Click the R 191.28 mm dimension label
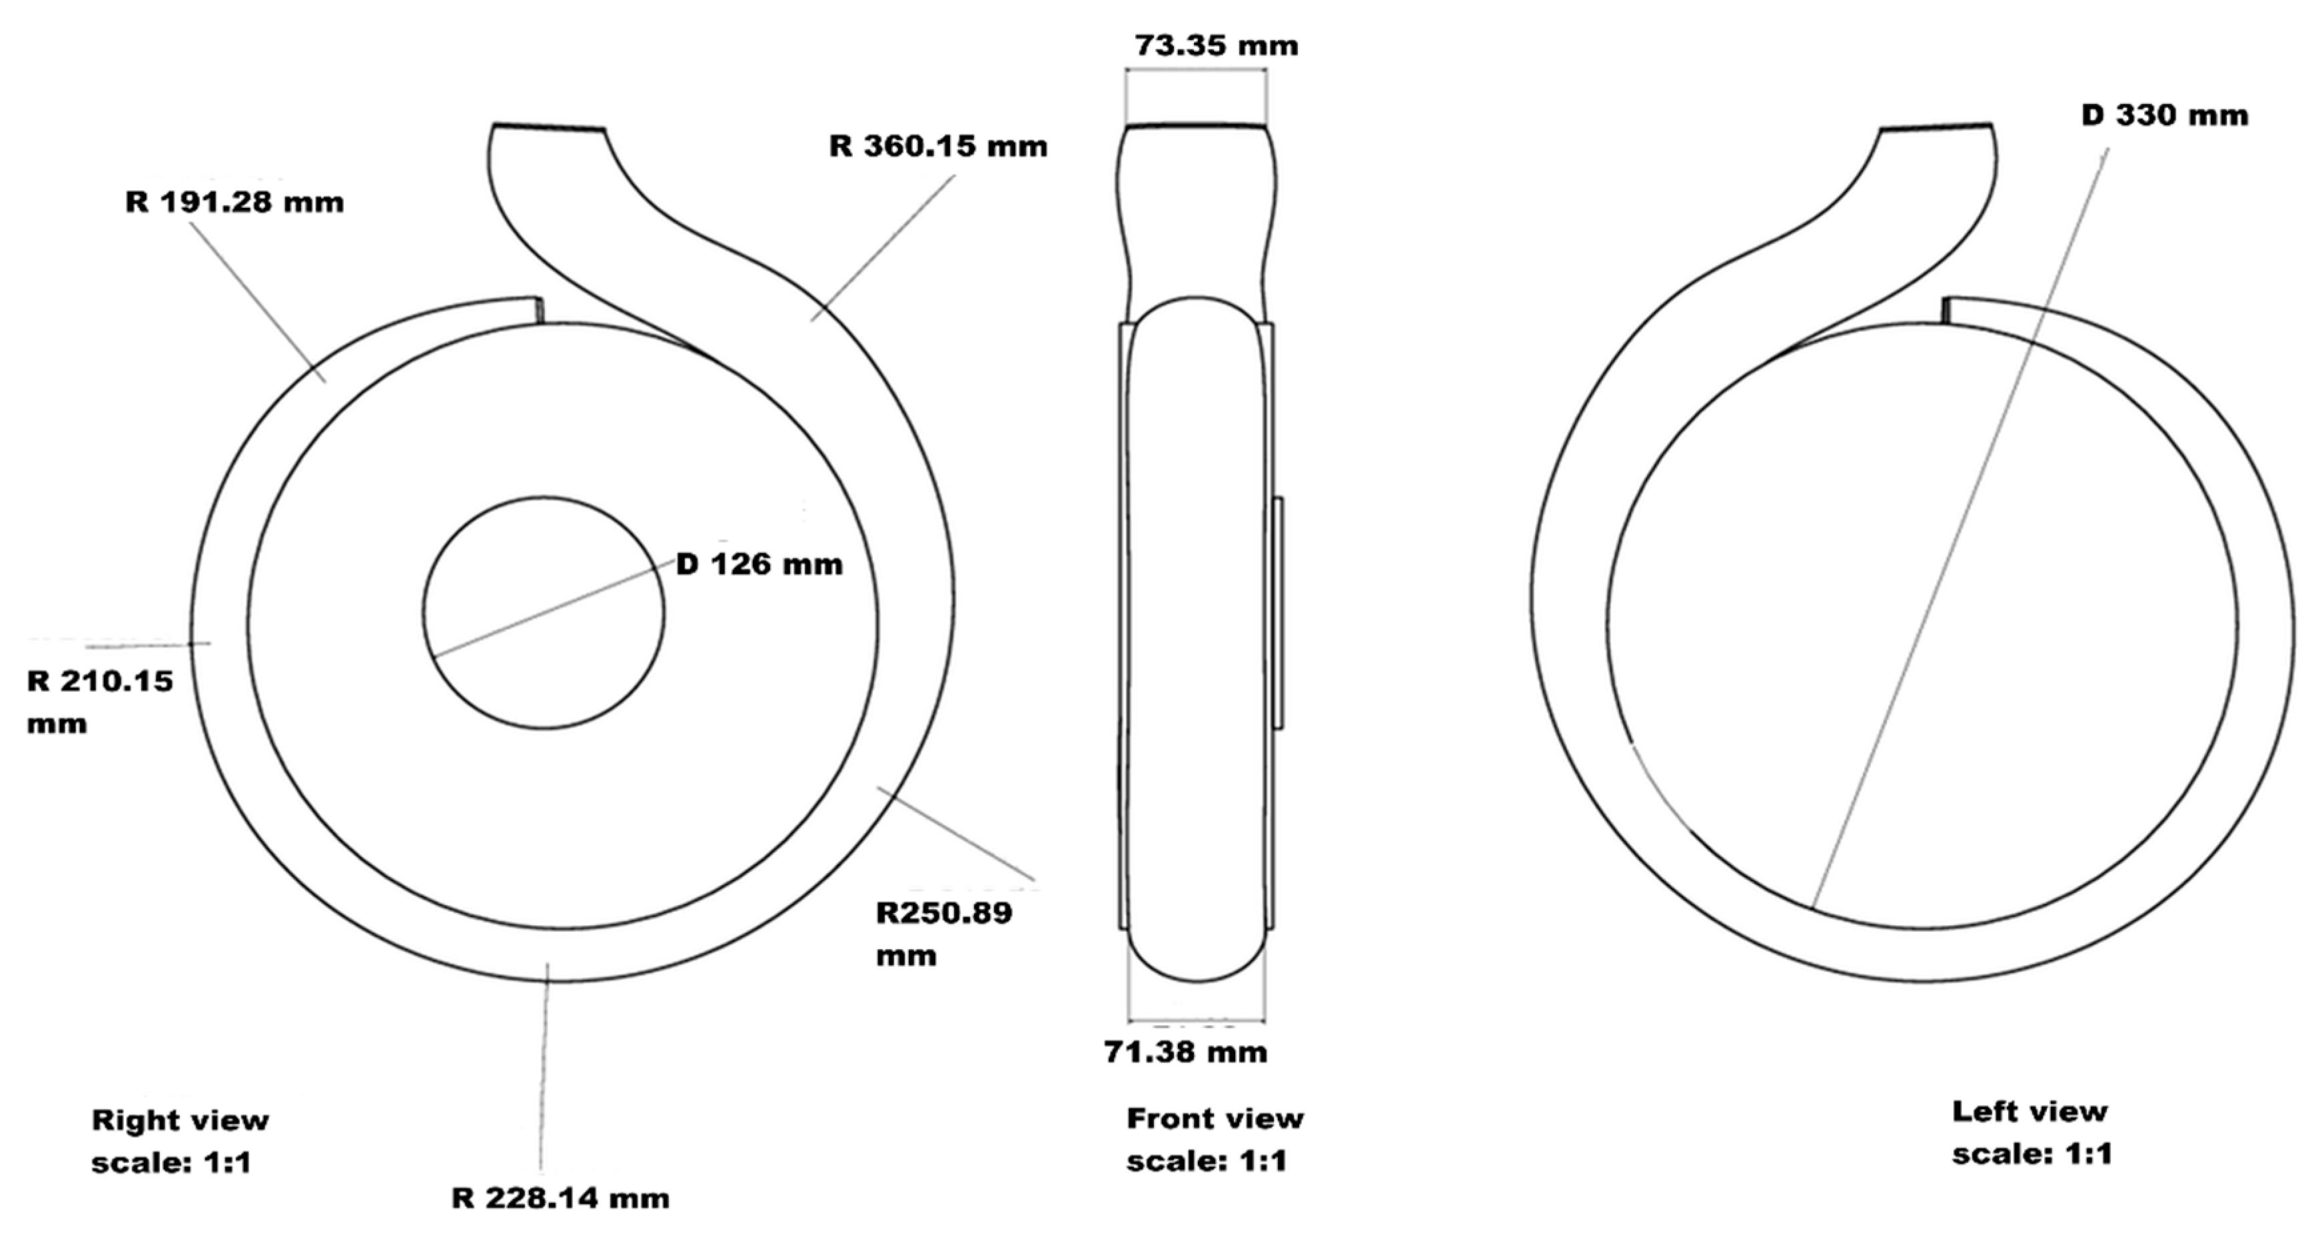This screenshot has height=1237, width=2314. point(235,202)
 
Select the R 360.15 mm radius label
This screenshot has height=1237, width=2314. point(938,147)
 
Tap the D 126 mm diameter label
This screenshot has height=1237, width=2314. point(759,564)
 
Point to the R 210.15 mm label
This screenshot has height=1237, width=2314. point(100,702)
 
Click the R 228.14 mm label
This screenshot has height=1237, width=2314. point(560,1198)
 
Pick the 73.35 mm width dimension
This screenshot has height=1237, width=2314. point(1216,45)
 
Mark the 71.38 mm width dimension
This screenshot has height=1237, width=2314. point(1186,1051)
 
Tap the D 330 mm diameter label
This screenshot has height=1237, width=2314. point(2165,115)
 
